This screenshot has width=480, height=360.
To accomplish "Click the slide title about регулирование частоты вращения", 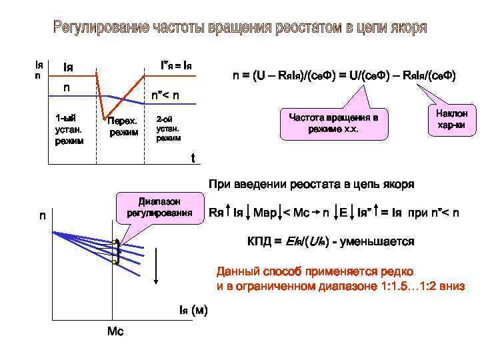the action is pyautogui.click(x=240, y=29).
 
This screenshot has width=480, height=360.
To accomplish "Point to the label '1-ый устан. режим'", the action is pyautogui.click(x=70, y=129).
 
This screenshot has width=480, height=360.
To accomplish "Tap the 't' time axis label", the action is pyautogui.click(x=193, y=159).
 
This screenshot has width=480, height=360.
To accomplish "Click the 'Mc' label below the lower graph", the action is pyautogui.click(x=115, y=331).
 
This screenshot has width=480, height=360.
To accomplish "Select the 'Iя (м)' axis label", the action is pyautogui.click(x=193, y=310).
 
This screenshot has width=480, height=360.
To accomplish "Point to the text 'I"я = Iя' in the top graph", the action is pyautogui.click(x=177, y=66).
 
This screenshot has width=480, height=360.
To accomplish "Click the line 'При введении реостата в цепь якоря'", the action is pyautogui.click(x=311, y=184).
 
